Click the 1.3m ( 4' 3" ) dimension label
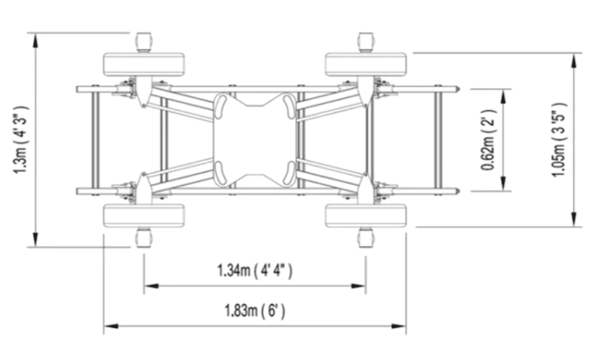tap(21, 139)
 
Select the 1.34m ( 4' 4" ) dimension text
tap(255, 271)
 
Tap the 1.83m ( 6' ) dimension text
tap(255, 311)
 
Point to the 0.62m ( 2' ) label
tap(488, 140)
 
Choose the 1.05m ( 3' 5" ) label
tap(559, 139)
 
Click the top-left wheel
tap(144, 65)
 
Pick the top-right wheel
tap(366, 65)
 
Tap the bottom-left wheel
tap(144, 216)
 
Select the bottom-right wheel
tap(366, 216)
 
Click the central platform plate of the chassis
tap(255, 140)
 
